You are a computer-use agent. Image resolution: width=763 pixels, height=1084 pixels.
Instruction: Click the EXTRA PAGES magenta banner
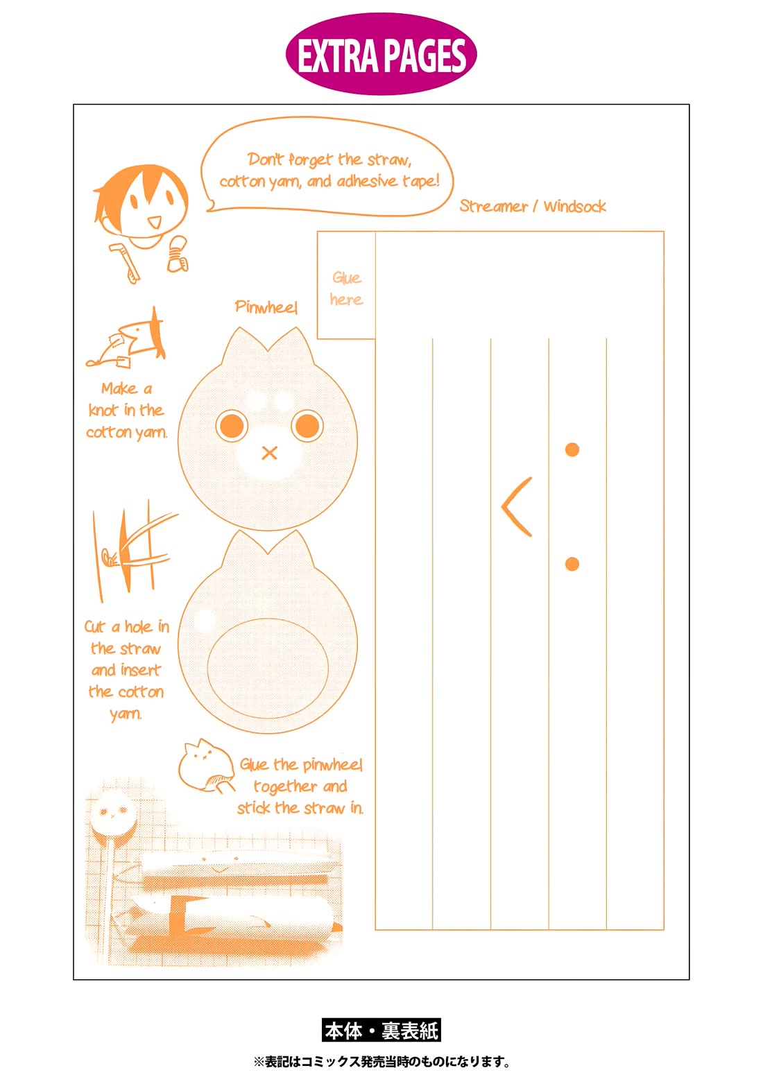click(x=381, y=53)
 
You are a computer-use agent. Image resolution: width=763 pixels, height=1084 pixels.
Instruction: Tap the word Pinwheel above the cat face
click(x=266, y=307)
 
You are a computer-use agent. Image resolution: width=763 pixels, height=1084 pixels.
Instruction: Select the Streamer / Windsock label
click(x=533, y=207)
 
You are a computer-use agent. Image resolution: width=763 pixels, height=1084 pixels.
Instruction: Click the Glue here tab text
click(x=347, y=289)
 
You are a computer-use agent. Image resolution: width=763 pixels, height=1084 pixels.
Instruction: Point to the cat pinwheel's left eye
click(x=232, y=426)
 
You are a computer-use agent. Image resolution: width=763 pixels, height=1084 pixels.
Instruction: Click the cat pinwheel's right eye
click(x=307, y=426)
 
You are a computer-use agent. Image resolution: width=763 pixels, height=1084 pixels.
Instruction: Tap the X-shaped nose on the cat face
click(x=270, y=453)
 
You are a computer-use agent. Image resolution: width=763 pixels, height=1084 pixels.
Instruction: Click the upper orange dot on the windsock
click(x=572, y=449)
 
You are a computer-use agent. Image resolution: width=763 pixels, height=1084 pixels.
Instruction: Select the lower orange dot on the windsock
click(x=572, y=565)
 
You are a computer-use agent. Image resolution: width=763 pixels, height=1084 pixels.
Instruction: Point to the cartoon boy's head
click(x=142, y=203)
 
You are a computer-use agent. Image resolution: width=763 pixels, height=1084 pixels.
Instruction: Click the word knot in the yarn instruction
click(x=103, y=411)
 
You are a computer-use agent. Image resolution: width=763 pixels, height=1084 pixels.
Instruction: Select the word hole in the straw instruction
click(x=139, y=627)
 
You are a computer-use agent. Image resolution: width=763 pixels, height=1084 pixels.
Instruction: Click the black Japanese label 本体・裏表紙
click(x=381, y=1031)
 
